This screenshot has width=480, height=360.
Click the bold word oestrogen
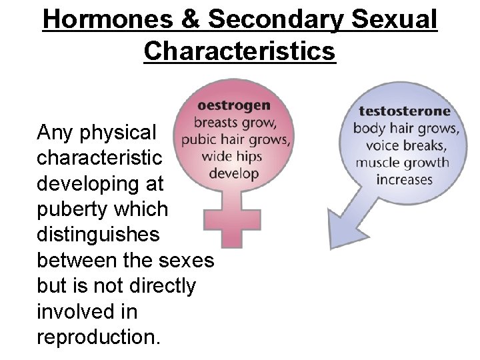pyautogui.click(x=233, y=105)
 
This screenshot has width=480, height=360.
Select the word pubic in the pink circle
pyautogui.click(x=201, y=140)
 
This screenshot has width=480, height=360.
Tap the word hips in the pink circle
pyautogui.click(x=248, y=157)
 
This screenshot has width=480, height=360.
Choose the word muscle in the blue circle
pyautogui.click(x=377, y=163)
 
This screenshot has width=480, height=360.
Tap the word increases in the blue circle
pyautogui.click(x=405, y=180)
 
